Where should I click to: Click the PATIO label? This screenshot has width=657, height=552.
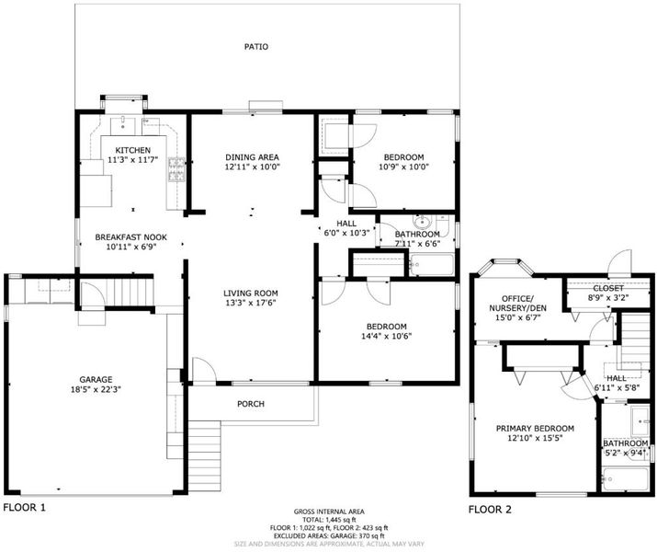pos(256,47)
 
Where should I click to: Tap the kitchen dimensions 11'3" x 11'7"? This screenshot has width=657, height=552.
pos(133,159)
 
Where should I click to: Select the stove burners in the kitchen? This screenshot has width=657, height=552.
pos(176,170)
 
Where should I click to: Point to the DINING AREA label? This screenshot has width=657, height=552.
pos(252,157)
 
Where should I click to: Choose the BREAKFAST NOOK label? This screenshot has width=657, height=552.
pos(131,237)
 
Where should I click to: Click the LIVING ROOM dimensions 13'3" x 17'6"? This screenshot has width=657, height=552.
pos(251,303)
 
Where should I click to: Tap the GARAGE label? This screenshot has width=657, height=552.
pos(96,380)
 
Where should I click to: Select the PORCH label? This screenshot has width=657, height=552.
pos(251,404)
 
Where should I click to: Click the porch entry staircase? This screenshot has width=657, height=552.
pos(205,456)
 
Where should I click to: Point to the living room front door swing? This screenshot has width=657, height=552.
pos(204,370)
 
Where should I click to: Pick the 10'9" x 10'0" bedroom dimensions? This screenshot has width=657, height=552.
pos(404,167)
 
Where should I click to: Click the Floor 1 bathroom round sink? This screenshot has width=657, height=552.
pos(420,221)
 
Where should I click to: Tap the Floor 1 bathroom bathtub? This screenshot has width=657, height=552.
pos(432,264)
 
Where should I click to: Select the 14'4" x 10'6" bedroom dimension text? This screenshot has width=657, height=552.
pos(386,336)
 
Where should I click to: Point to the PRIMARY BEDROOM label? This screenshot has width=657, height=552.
pos(535,429)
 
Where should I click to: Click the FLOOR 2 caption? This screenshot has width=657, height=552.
pos(490,510)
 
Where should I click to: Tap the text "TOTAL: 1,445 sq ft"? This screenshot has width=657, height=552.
pos(329,520)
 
